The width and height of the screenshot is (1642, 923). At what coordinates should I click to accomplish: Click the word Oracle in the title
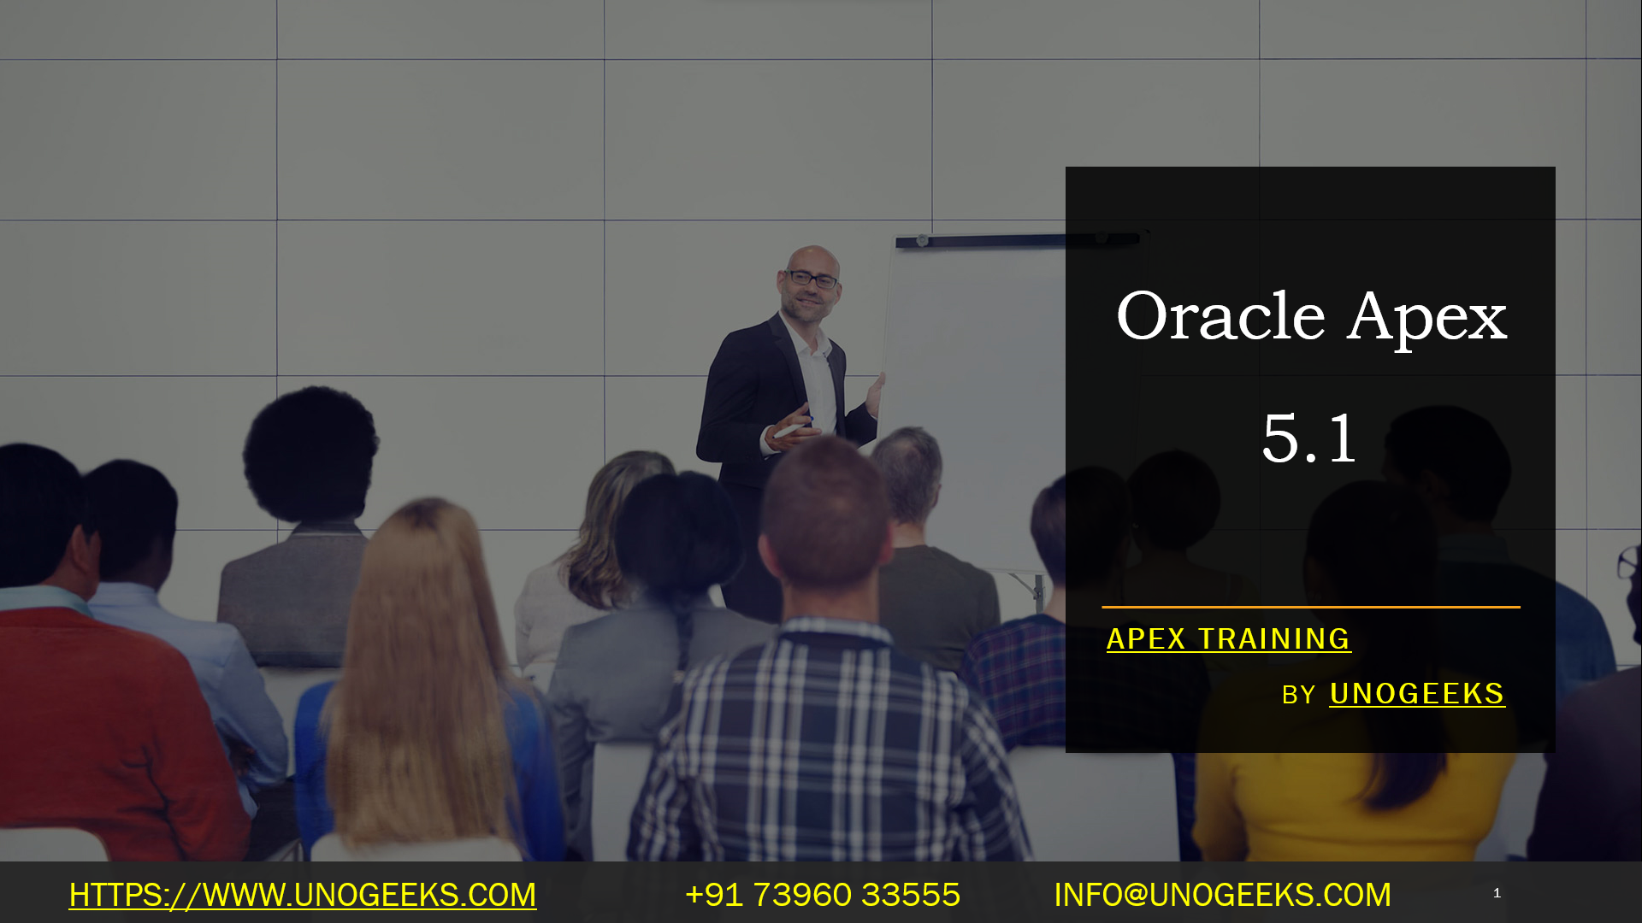1220,317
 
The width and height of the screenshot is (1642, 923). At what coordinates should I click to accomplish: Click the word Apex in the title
1427,319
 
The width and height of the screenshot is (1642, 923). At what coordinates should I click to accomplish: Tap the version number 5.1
1308,438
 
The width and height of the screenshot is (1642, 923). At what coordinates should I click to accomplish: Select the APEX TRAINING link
1228,639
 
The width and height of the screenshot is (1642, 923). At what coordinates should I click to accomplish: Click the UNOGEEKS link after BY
1416,694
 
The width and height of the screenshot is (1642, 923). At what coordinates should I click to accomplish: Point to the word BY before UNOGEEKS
1297,696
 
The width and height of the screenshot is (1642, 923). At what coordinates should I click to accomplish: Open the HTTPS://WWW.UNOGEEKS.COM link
303,895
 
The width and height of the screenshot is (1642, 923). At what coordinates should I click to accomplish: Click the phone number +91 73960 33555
822,895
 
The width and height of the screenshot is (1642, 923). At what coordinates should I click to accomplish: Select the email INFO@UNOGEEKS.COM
1222,895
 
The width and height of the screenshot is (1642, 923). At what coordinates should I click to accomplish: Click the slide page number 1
1497,893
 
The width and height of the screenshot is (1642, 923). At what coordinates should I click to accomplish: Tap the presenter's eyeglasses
811,279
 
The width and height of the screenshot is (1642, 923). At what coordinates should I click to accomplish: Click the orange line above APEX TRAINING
1310,607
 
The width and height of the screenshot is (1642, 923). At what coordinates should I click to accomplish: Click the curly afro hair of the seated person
310,453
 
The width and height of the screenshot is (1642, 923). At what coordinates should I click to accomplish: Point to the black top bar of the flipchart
983,241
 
